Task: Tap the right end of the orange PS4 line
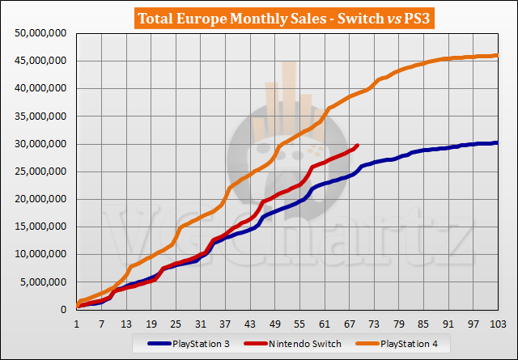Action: (x=496, y=55)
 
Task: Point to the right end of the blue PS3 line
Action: (x=496, y=142)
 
